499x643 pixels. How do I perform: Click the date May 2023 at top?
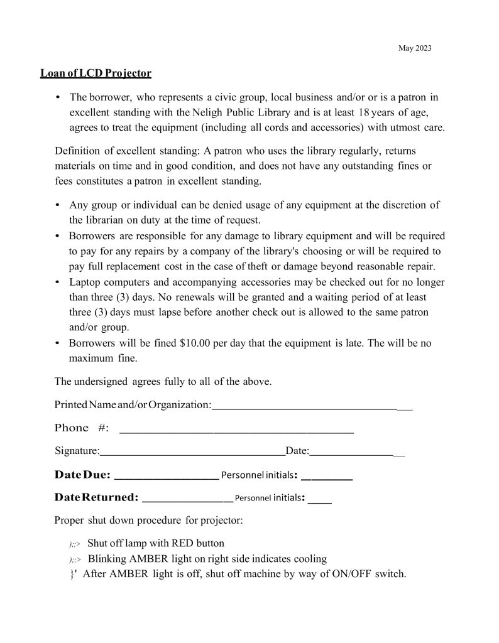pos(415,48)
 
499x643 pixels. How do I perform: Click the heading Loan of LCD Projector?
pos(96,73)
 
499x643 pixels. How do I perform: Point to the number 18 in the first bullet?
pos(363,112)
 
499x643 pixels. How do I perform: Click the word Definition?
pos(78,151)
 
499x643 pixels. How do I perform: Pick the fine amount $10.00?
pos(195,343)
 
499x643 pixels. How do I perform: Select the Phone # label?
pos(82,428)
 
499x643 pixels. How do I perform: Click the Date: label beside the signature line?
pos(297,451)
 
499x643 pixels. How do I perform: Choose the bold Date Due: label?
pos(82,474)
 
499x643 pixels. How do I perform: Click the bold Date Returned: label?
pos(96,498)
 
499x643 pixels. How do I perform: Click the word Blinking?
pos(107,559)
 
